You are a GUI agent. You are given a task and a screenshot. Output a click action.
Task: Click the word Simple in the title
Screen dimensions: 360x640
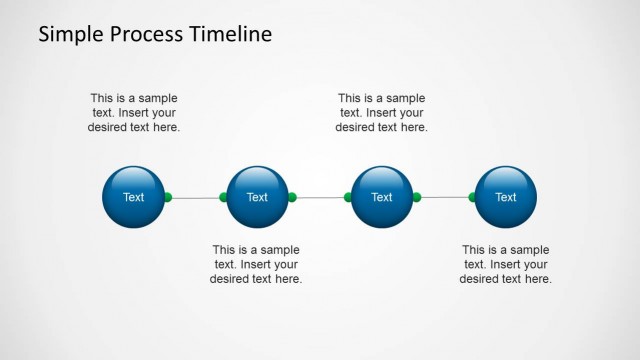(x=70, y=34)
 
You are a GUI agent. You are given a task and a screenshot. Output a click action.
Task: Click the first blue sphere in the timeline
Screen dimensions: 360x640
(x=133, y=197)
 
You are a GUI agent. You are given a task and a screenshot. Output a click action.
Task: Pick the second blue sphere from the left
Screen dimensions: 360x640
(x=257, y=197)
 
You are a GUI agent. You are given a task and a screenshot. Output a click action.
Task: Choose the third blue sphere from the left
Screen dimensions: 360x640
(x=382, y=197)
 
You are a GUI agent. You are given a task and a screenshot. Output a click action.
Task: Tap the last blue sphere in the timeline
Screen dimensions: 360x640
(x=506, y=197)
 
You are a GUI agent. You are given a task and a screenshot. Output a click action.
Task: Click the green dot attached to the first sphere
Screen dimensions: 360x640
(x=168, y=197)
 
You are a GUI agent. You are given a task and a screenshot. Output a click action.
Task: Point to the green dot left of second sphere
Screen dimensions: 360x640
(x=224, y=197)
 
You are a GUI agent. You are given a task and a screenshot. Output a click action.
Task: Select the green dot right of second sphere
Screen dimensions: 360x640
(x=292, y=197)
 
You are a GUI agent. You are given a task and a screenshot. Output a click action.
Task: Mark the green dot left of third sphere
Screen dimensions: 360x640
(x=348, y=197)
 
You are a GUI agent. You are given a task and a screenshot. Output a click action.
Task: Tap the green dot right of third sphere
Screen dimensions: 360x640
(x=416, y=197)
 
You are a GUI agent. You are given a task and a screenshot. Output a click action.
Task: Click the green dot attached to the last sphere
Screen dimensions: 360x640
(x=473, y=197)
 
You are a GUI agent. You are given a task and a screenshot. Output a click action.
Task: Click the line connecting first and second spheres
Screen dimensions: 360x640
(x=196, y=197)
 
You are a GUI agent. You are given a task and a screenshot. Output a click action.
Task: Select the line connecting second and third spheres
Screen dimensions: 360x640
(x=320, y=197)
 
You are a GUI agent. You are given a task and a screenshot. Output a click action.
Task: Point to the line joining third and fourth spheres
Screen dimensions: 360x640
(x=444, y=197)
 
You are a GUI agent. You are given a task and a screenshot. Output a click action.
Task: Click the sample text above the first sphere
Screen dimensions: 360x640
(x=134, y=113)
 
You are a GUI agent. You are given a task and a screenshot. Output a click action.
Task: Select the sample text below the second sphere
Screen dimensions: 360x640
(x=256, y=264)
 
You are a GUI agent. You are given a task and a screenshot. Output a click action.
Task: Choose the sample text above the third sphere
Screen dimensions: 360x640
(x=381, y=113)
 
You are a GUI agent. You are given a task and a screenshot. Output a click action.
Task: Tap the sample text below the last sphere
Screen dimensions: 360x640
(x=505, y=264)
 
